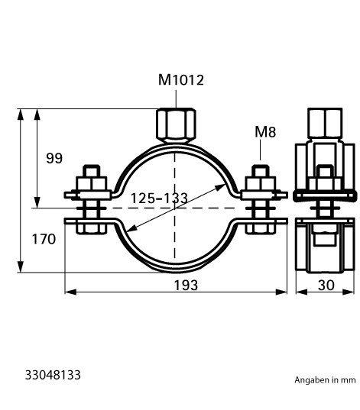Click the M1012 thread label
pyautogui.click(x=181, y=80)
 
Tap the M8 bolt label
pyautogui.click(x=265, y=132)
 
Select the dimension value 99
pyautogui.click(x=54, y=158)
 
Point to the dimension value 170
pyautogui.click(x=44, y=239)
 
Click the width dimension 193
pyautogui.click(x=186, y=285)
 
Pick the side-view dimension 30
pyautogui.click(x=326, y=285)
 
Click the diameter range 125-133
pyautogui.click(x=159, y=199)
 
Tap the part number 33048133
pyautogui.click(x=53, y=375)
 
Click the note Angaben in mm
pyautogui.click(x=325, y=380)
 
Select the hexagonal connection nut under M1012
pyautogui.click(x=176, y=125)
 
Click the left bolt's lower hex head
pyautogui.click(x=91, y=227)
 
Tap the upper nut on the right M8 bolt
pyautogui.click(x=260, y=183)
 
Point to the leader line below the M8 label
pyautogui.click(x=260, y=150)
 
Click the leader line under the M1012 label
pyautogui.click(x=176, y=99)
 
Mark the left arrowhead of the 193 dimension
pyautogui.click(x=70, y=292)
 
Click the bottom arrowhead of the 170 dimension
pyautogui.click(x=20, y=266)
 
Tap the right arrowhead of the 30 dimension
pyautogui.click(x=349, y=292)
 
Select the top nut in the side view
pyautogui.click(x=325, y=123)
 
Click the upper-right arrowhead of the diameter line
pyautogui.click(x=220, y=186)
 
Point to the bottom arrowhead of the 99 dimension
pyautogui.click(x=37, y=202)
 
